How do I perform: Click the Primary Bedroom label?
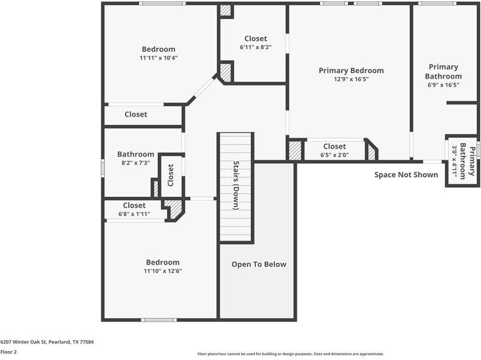point(351,70)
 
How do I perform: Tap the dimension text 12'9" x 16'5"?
point(351,79)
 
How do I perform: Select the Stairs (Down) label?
point(236,185)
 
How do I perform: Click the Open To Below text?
point(259,265)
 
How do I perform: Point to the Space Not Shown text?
point(407,175)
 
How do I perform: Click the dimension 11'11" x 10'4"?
point(159,58)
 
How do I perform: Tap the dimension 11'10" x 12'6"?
point(162,271)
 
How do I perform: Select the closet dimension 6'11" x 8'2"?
point(255,47)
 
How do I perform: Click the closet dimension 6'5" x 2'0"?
point(334,155)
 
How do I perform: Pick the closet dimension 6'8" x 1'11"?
point(134,214)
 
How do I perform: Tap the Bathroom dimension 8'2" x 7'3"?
point(135,163)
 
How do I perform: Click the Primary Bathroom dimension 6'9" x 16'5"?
point(443,85)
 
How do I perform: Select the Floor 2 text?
point(8,352)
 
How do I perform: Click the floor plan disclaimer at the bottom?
point(290,354)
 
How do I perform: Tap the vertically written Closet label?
point(171,175)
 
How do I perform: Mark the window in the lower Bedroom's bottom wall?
point(159,319)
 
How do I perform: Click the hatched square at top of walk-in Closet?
point(225,11)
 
